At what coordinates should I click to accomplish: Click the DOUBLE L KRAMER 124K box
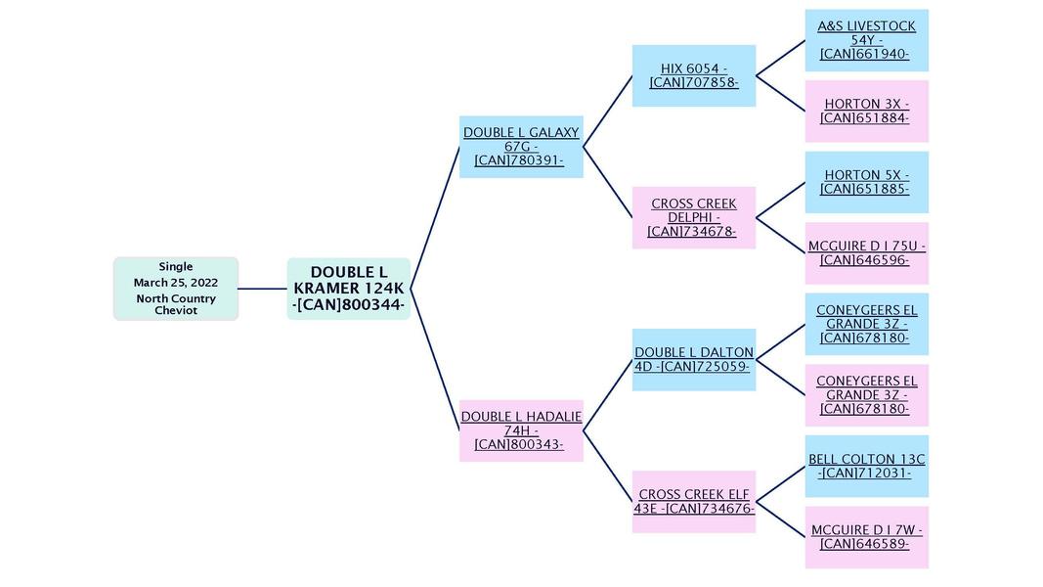348,289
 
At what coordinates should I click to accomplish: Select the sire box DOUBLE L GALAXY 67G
521,147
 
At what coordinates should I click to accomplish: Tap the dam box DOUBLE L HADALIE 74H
521,430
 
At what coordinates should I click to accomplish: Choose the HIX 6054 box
693,75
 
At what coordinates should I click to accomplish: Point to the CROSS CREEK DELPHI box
693,217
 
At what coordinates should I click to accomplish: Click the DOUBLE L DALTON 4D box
693,359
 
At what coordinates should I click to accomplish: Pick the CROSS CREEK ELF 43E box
693,502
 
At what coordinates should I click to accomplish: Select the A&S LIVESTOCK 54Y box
866,40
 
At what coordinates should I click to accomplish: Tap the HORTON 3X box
866,111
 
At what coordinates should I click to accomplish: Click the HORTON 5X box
866,182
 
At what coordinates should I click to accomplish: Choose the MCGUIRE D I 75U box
866,252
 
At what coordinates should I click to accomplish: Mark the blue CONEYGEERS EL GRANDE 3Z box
866,324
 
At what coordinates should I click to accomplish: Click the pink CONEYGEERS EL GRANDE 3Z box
866,395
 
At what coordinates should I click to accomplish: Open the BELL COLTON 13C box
866,466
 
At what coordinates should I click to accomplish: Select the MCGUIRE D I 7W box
866,537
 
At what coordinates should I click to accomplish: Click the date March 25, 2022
176,283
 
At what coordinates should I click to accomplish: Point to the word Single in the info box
176,266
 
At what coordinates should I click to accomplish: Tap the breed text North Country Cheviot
176,304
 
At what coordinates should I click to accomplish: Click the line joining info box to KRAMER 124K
262,289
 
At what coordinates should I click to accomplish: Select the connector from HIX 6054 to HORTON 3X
780,93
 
